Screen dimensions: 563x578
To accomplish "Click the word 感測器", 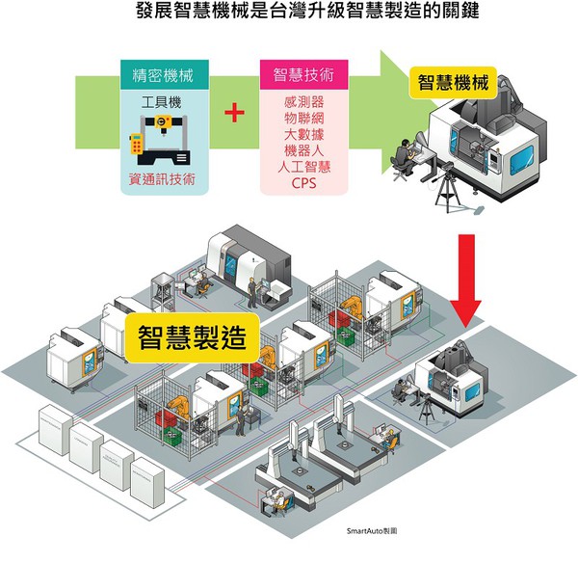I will pyautogui.click(x=303, y=101).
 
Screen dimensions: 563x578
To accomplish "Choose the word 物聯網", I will pyautogui.click(x=303, y=118).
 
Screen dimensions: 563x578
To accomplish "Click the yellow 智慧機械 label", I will pyautogui.click(x=453, y=83).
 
